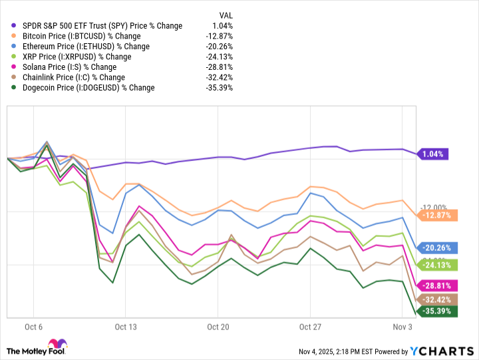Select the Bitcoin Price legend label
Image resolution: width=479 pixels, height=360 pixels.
pyautogui.click(x=82, y=36)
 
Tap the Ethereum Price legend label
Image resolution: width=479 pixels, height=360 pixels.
pyautogui.click(x=87, y=47)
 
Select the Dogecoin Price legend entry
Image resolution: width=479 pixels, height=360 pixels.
pyautogui.click(x=88, y=88)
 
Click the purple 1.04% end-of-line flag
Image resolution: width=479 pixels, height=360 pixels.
pyautogui.click(x=432, y=154)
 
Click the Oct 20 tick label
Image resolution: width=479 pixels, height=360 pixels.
pyautogui.click(x=218, y=327)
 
